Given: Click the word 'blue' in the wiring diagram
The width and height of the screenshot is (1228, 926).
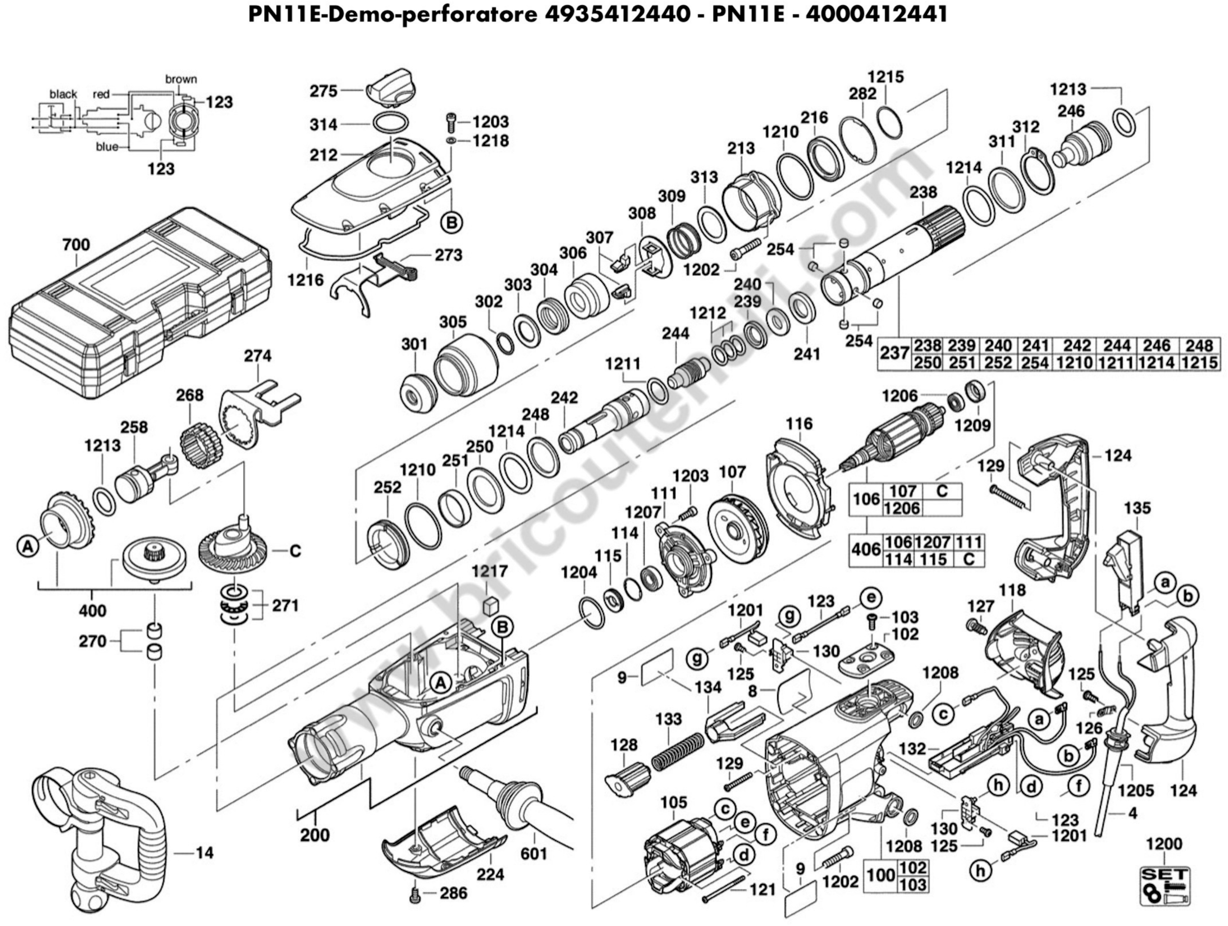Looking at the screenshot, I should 107,147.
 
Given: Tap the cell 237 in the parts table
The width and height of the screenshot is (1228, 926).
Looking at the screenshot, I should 894,354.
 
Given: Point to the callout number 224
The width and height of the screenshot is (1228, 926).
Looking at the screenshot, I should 491,874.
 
